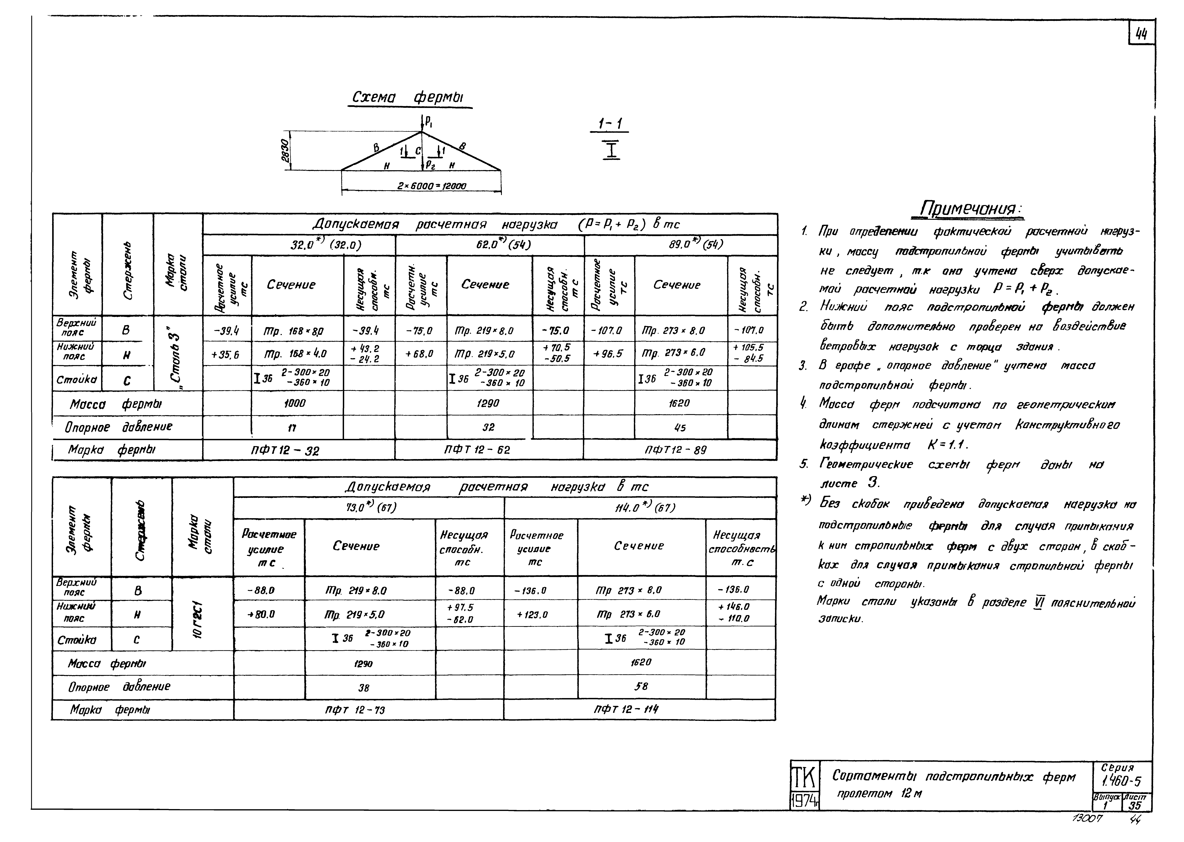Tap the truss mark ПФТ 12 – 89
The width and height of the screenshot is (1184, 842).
[x=676, y=450]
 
